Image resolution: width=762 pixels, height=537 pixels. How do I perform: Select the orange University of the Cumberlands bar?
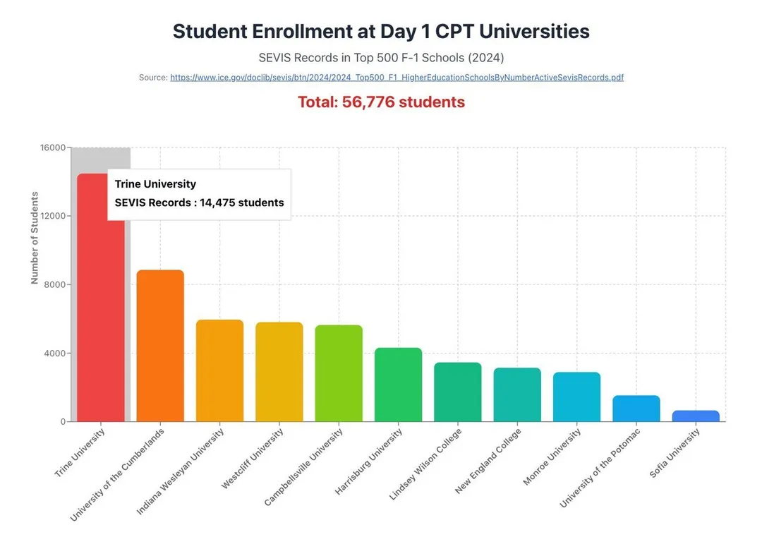pos(160,346)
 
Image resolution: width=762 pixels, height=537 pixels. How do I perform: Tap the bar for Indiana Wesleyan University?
pos(219,370)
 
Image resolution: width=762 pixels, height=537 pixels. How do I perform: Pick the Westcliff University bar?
pos(279,372)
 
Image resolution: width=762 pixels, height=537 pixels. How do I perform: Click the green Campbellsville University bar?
pos(339,373)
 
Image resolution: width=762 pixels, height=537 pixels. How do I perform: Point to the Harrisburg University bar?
pos(398,385)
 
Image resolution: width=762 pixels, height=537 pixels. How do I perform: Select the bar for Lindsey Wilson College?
pos(458,392)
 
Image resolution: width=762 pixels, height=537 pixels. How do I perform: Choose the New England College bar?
pos(517,394)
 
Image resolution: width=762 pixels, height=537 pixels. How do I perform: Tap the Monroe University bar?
pos(576,397)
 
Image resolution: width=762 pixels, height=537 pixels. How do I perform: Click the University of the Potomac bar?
pos(636,409)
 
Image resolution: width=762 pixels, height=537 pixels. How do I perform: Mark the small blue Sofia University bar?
pos(696,416)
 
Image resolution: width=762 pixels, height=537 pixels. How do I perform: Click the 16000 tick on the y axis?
pos(53,147)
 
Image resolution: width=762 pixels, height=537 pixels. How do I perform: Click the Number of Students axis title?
pos(35,238)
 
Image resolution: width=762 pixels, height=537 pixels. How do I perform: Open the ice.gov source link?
pos(397,78)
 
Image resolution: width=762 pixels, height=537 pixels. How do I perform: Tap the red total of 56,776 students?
pos(381,102)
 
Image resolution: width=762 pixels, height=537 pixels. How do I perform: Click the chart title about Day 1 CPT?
pos(381,32)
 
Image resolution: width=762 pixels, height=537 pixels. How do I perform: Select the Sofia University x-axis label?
pos(675,453)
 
